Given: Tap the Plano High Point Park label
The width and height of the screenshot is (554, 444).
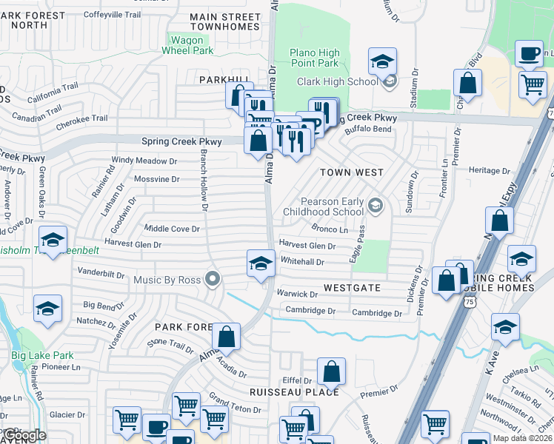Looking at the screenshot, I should (x=314, y=58).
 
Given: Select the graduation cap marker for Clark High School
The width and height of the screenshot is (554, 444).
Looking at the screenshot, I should (x=382, y=62).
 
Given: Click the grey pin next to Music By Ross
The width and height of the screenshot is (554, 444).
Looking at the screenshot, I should (x=213, y=279).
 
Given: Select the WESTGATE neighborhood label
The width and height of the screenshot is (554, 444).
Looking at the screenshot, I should (x=351, y=287).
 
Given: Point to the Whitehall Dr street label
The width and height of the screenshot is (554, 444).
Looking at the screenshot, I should (x=302, y=262).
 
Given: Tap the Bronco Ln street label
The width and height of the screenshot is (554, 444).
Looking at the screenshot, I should (x=330, y=230).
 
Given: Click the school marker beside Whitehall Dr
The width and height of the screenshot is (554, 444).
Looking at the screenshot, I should (x=261, y=264).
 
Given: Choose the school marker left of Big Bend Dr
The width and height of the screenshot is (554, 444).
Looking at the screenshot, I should (x=48, y=309).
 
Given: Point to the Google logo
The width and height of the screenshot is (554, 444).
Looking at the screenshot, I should (x=24, y=435).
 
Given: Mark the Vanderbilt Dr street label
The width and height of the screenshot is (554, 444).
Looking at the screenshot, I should (x=101, y=274).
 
